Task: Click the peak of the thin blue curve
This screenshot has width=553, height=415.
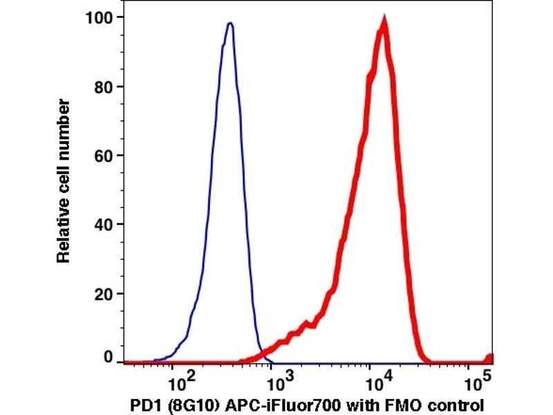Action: [230, 24]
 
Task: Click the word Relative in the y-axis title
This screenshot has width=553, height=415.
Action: [64, 234]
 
